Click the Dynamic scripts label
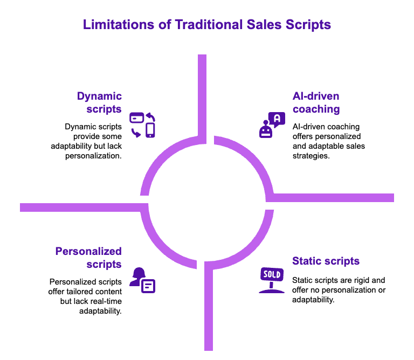coord(100,102)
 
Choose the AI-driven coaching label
coord(316,102)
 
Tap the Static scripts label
coord(326,261)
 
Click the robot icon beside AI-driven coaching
coord(266,130)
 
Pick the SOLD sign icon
coord(271,279)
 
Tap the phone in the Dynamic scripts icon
coord(150,130)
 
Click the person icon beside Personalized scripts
coord(137,276)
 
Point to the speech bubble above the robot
coord(277,119)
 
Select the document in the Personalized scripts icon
coord(148,286)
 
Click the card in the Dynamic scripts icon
coord(136,117)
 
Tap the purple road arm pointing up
coord(202,92)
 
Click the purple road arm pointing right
coord(334,197)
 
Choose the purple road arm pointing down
coord(209,313)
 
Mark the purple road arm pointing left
coord(81,207)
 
